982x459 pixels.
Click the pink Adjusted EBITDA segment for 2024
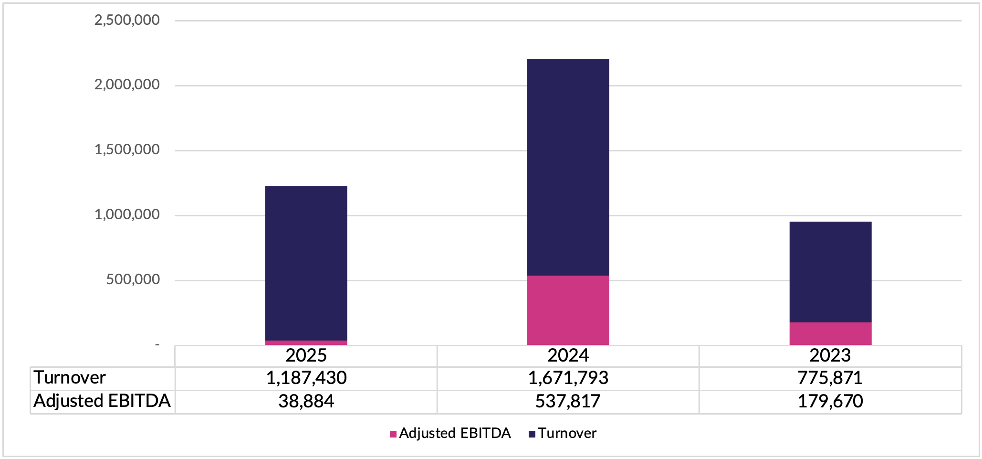click(568, 310)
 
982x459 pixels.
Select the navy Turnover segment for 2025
click(306, 263)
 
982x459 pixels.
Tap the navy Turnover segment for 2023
click(830, 272)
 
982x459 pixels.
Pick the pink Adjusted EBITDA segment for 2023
click(830, 333)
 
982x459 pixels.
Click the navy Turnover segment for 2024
click(568, 167)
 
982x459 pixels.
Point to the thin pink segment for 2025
click(306, 342)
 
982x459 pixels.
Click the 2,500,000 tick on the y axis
click(127, 20)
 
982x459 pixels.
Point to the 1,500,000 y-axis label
click(127, 150)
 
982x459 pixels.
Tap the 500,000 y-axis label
click(133, 279)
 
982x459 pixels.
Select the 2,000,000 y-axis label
click(127, 85)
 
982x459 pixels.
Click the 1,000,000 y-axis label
click(127, 215)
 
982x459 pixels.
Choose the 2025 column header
click(306, 356)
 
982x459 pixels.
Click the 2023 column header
click(830, 356)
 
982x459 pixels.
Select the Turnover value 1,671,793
click(568, 378)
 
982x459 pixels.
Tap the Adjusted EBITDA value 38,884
click(306, 401)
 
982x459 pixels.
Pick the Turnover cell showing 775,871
click(830, 378)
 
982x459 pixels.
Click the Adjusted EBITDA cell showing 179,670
click(830, 401)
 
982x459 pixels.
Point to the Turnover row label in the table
click(70, 378)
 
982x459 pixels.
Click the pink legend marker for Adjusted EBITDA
click(393, 434)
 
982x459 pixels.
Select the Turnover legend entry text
click(567, 433)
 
